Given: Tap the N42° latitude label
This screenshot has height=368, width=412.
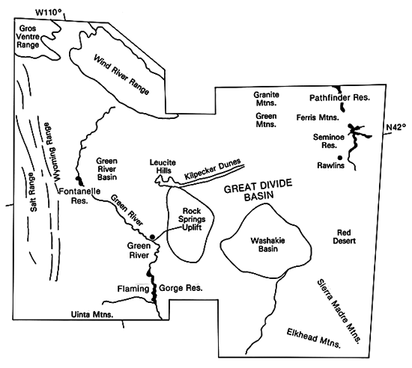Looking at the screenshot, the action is click(x=396, y=127).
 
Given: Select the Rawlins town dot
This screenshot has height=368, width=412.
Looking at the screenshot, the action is click(x=340, y=158).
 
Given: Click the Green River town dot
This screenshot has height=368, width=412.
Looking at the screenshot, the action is click(x=152, y=237).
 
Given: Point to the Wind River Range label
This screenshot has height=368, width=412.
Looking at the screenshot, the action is click(x=121, y=75).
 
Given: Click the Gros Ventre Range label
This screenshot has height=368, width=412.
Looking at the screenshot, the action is click(x=28, y=37).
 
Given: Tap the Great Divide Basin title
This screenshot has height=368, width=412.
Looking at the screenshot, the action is click(x=258, y=190).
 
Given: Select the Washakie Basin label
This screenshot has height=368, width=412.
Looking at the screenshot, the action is click(x=267, y=245).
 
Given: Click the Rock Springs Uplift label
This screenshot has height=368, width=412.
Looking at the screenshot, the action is click(x=192, y=219).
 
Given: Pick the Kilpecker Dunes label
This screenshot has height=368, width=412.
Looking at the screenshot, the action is click(x=213, y=168).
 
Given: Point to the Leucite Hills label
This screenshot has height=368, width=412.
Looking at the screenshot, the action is click(x=163, y=166).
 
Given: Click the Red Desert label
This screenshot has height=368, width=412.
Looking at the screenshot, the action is click(x=344, y=236).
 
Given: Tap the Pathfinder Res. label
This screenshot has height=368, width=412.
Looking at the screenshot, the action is click(x=339, y=98).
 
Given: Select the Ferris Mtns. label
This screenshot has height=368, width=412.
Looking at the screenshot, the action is click(x=318, y=117).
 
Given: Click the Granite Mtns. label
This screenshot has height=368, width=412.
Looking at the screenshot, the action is click(x=266, y=99).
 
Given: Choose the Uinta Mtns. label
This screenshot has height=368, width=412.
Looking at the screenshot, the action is click(x=92, y=314).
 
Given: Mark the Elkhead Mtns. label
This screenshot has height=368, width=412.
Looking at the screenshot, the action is click(x=313, y=338).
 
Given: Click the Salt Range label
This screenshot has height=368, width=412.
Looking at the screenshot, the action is click(x=33, y=192).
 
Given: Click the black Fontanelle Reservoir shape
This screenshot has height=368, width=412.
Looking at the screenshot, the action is click(x=79, y=180).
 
